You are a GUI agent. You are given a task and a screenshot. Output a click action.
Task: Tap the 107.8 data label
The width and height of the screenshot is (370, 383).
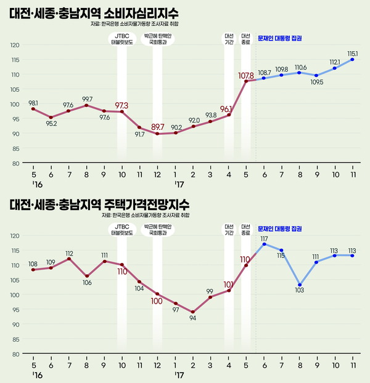pyautogui.click(x=246, y=76)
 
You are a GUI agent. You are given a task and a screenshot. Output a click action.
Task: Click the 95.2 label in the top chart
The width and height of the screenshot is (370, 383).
pyautogui.click(x=51, y=124)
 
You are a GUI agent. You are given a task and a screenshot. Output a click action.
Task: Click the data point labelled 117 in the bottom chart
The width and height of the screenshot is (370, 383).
pyautogui.click(x=264, y=244)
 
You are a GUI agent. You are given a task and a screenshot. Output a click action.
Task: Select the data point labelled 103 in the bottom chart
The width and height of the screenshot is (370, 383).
pyautogui.click(x=299, y=285)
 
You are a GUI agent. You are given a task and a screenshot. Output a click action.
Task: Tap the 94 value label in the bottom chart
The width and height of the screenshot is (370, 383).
pyautogui.click(x=193, y=319)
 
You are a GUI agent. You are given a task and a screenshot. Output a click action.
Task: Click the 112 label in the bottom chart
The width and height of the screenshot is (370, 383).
pyautogui.click(x=69, y=253)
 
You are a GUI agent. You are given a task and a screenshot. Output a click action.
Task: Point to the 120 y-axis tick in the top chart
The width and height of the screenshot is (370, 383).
pyautogui.click(x=15, y=45)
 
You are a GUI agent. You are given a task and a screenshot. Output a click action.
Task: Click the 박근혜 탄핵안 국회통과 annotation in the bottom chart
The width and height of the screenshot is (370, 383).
pyautogui.click(x=159, y=230)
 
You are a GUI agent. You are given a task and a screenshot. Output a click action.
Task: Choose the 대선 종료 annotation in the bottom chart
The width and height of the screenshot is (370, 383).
pyautogui.click(x=246, y=230)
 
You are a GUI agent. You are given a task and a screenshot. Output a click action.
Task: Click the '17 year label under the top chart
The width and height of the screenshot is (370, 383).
pyautogui.click(x=178, y=184)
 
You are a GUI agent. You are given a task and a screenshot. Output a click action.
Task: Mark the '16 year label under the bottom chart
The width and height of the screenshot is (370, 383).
pyautogui.click(x=36, y=374)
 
